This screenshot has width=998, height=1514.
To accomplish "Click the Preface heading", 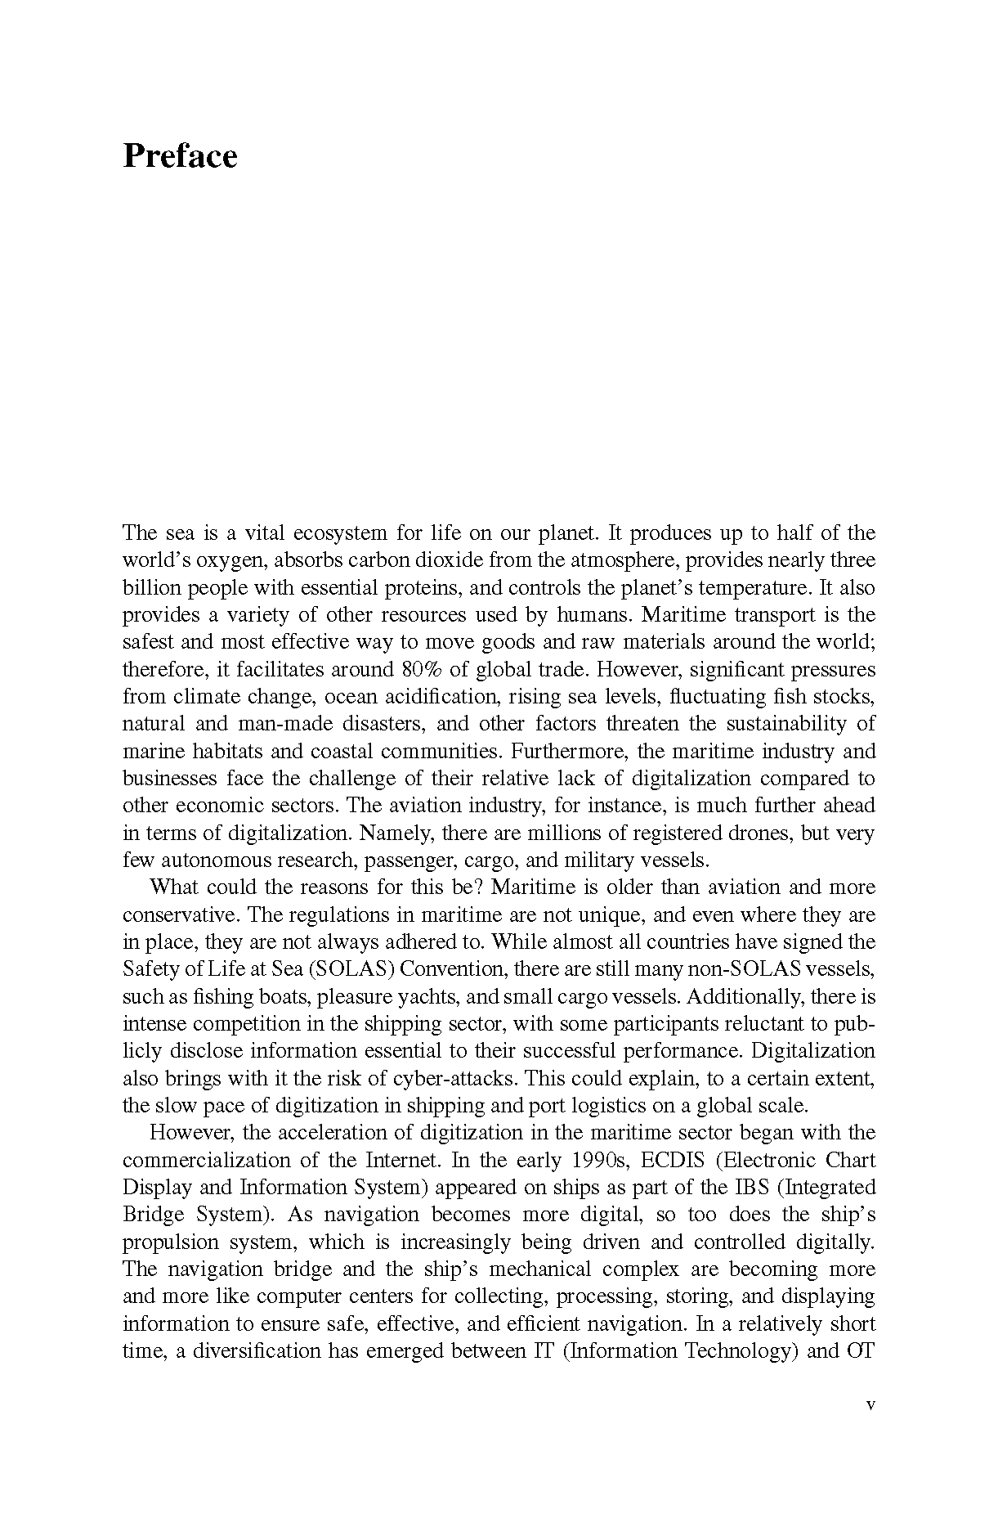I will coord(180,156).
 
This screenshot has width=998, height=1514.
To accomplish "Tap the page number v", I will coord(870,1404).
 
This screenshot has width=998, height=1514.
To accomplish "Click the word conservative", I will coord(179,915).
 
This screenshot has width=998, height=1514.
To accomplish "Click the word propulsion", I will coord(169,1242).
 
